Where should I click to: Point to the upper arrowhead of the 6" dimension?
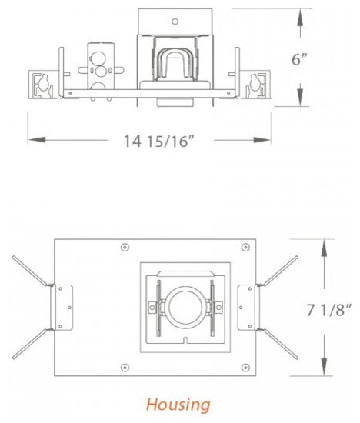tap(300, 14)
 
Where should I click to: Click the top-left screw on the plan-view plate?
tap(125, 248)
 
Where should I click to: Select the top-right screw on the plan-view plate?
tap(245, 248)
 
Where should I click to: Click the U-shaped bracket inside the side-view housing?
tap(175, 62)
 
